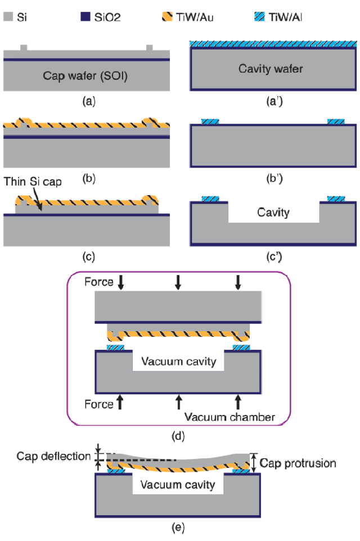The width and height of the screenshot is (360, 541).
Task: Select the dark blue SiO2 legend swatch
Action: coord(83,17)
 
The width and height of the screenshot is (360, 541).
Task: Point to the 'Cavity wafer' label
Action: coord(271,69)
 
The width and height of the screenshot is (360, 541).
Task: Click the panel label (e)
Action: coord(177,528)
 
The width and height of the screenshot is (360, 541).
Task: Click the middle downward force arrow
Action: coord(178,282)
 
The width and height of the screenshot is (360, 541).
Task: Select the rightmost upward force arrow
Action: coord(238,401)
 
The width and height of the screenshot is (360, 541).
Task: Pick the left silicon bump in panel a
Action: coord(23,47)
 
